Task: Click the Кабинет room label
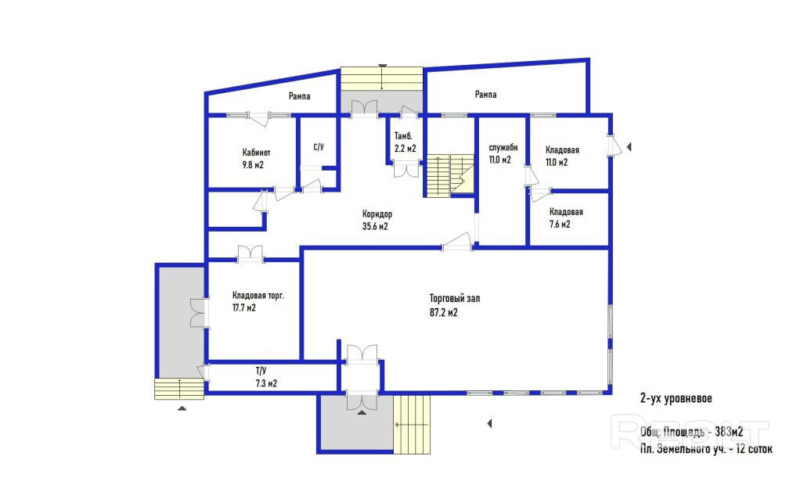click(x=256, y=153)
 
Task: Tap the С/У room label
click(x=319, y=147)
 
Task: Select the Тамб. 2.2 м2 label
click(x=405, y=142)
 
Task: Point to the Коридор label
click(x=377, y=214)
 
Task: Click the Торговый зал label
click(x=455, y=298)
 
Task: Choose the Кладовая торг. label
click(x=258, y=296)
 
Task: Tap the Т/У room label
click(x=261, y=371)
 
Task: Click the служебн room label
click(x=503, y=148)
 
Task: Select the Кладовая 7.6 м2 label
click(x=566, y=218)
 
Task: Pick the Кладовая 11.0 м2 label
click(x=562, y=156)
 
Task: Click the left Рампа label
click(x=300, y=96)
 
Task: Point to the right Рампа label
click(x=485, y=94)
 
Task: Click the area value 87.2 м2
click(x=444, y=313)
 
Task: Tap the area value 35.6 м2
click(x=375, y=226)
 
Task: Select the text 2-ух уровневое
click(x=676, y=398)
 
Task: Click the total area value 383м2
click(x=730, y=432)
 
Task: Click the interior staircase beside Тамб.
click(x=449, y=175)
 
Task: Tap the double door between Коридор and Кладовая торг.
click(x=251, y=253)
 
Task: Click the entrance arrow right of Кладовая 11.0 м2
click(x=629, y=147)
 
